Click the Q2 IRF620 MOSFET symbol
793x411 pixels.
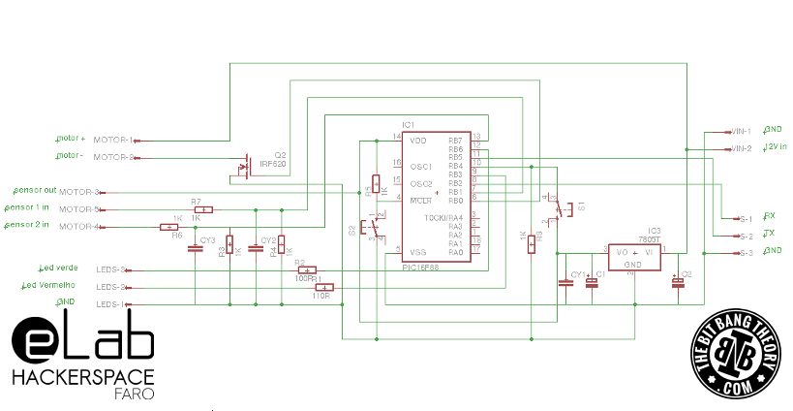click(x=244, y=165)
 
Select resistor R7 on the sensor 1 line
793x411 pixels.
click(x=202, y=209)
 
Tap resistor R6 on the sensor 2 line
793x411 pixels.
click(x=168, y=227)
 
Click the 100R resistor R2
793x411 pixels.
click(x=306, y=269)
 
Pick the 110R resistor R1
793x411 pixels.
click(x=326, y=287)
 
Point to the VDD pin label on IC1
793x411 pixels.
click(x=417, y=141)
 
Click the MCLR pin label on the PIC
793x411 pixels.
click(x=419, y=201)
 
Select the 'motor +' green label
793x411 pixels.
click(x=71, y=139)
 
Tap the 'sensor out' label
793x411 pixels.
click(x=34, y=190)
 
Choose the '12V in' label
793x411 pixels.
click(x=775, y=146)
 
